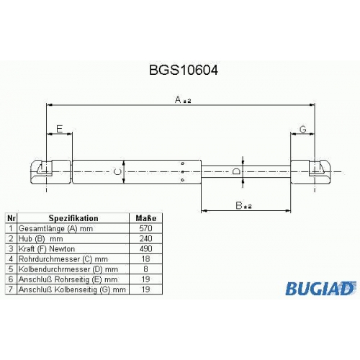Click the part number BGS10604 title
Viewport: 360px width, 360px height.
(x=184, y=71)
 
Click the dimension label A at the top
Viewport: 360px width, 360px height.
(x=178, y=99)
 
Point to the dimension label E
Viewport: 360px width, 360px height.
(x=59, y=129)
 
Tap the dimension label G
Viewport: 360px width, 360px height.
(x=303, y=130)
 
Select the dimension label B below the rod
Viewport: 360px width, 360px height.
(x=239, y=205)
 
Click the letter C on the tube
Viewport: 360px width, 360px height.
(x=117, y=171)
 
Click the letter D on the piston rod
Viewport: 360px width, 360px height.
(x=236, y=171)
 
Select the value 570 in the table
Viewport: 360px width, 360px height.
(x=145, y=228)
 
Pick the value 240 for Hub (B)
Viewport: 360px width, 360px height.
(x=145, y=238)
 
